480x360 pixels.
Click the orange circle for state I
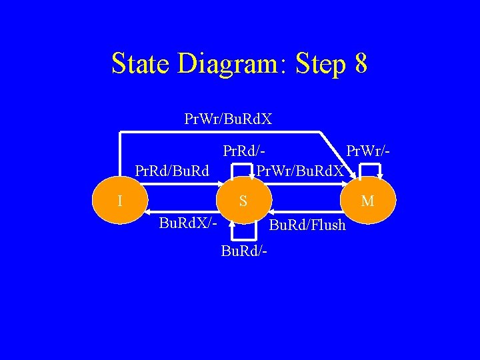(x=118, y=199)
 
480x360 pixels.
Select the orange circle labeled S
(x=243, y=199)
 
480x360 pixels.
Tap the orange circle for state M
(x=367, y=199)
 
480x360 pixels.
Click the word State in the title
(x=141, y=64)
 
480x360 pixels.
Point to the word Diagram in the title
(x=229, y=64)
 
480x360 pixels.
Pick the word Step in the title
(x=319, y=64)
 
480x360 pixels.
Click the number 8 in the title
(x=361, y=64)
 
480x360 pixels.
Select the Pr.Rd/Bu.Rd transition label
(x=172, y=171)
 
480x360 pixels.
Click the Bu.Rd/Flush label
(x=307, y=225)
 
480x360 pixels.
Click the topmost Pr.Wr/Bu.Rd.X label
(x=228, y=120)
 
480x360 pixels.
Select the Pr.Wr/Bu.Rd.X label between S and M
(x=301, y=171)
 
